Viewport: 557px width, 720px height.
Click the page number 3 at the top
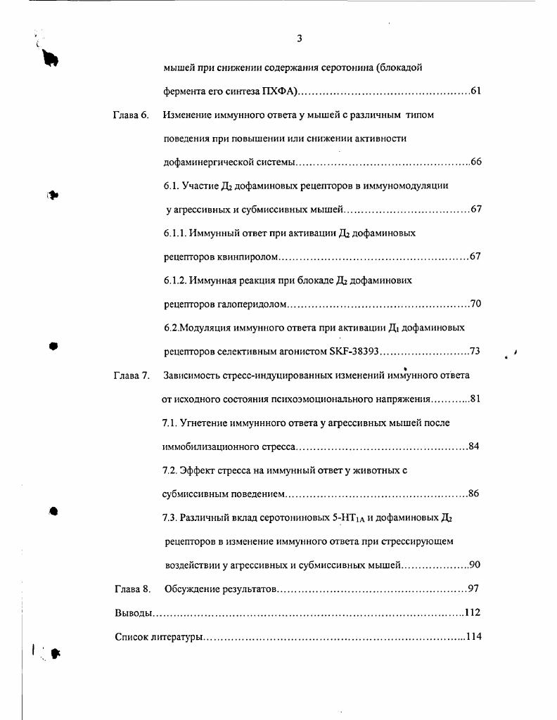pyautogui.click(x=300, y=39)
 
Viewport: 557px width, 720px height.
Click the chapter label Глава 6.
pyautogui.click(x=131, y=115)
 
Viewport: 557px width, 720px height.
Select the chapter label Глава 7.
pyautogui.click(x=131, y=375)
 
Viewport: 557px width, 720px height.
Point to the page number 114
pyautogui.click(x=473, y=637)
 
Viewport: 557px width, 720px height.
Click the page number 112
pyautogui.click(x=473, y=612)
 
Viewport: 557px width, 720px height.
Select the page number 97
pyautogui.click(x=473, y=589)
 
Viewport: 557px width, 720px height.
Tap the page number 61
pyautogui.click(x=475, y=91)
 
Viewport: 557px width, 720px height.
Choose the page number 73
pyautogui.click(x=475, y=352)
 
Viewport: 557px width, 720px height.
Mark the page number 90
pyautogui.click(x=475, y=565)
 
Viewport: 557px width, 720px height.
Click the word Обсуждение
pyautogui.click(x=193, y=589)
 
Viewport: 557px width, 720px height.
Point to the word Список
pyautogui.click(x=132, y=637)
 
